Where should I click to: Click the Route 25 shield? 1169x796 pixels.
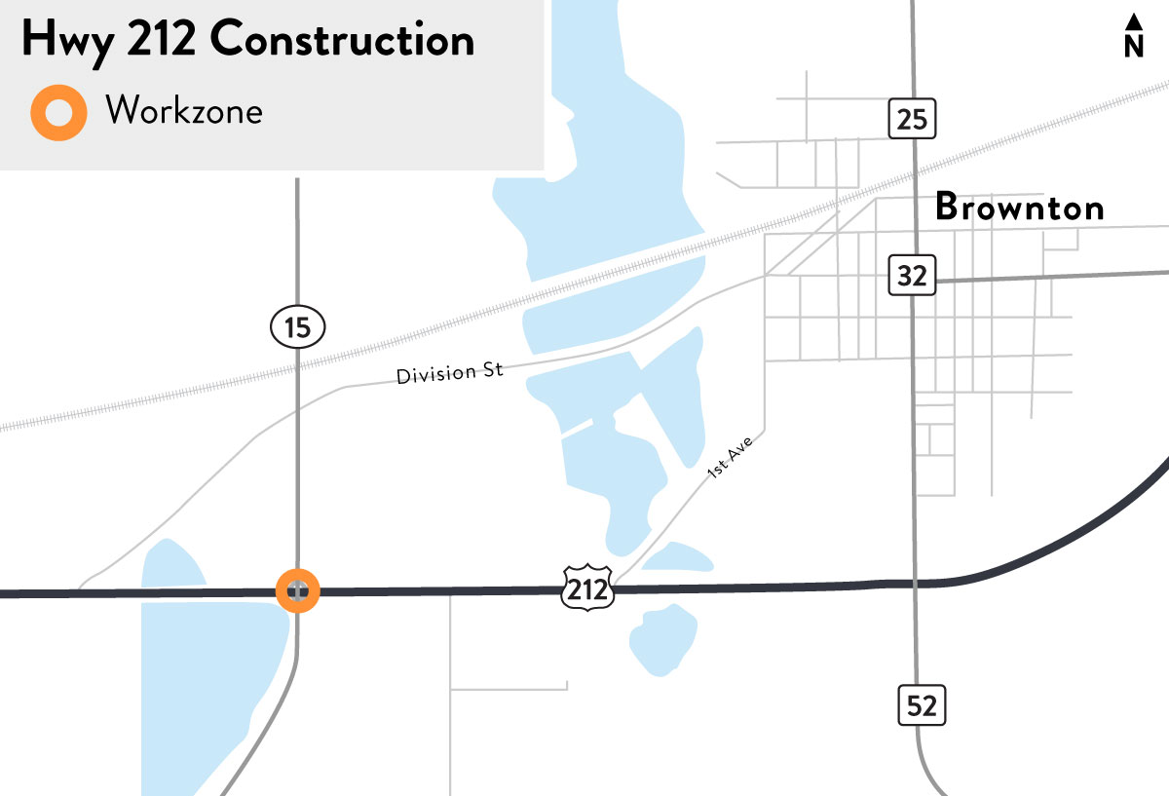[x=912, y=119]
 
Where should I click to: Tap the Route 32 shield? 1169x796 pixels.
[x=912, y=276]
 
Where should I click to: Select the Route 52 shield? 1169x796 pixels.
[x=921, y=704]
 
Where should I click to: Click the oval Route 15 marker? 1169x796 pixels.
[x=297, y=327]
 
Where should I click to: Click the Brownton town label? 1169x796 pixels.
[x=1019, y=208]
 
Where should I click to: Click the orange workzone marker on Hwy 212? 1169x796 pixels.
[x=297, y=589]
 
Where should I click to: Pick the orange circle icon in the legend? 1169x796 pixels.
[x=58, y=112]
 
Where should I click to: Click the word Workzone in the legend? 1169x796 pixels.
[x=184, y=111]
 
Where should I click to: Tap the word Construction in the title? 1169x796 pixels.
[x=342, y=41]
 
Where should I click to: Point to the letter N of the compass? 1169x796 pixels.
[x=1133, y=46]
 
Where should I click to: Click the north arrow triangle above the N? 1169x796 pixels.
[x=1133, y=21]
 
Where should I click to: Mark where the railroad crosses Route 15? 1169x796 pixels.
[x=297, y=367]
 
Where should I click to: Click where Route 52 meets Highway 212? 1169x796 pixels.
[x=916, y=585]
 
